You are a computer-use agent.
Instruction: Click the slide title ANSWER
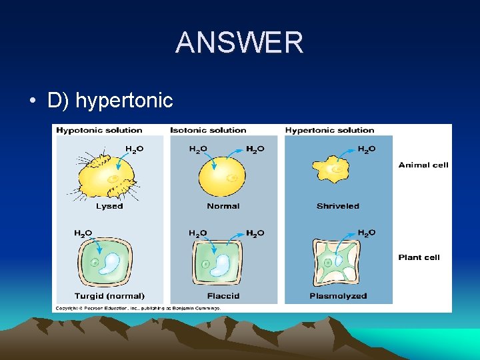(239, 43)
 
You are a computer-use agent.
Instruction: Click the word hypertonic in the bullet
(124, 101)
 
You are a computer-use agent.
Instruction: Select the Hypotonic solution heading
(99, 130)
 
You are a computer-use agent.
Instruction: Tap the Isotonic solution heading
(208, 130)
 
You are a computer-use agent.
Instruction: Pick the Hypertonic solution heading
(329, 130)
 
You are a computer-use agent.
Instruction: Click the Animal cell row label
(423, 165)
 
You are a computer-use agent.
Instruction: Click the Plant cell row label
(419, 257)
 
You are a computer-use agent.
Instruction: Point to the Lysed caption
(109, 206)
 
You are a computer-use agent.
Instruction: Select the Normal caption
(223, 206)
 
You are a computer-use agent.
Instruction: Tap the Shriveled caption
(337, 206)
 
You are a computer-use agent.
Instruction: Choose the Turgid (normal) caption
(109, 295)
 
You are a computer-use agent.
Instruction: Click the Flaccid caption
(223, 295)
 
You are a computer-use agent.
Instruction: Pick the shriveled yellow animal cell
(337, 170)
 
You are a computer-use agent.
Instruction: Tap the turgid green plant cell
(107, 262)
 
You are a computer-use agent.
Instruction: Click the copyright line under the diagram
(128, 307)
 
